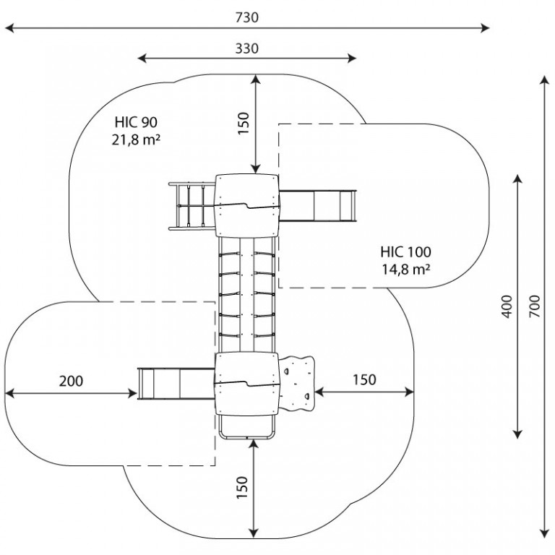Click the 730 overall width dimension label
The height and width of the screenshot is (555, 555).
click(247, 17)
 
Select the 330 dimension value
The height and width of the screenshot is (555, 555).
click(247, 48)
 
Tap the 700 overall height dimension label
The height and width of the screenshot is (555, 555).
click(535, 306)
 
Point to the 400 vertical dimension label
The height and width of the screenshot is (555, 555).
click(507, 306)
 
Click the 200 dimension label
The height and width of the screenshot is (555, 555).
click(71, 382)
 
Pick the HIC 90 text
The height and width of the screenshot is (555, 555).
click(136, 122)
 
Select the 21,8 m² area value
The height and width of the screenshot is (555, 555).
click(136, 139)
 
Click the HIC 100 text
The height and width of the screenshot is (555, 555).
click(405, 252)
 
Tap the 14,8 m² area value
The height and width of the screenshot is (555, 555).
click(405, 270)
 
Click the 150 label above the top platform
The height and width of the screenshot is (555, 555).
click(244, 123)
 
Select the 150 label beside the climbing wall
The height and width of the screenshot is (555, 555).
click(364, 380)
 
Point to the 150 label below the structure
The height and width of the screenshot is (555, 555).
click(242, 488)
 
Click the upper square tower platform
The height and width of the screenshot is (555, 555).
click(247, 206)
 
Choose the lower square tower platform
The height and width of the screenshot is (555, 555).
click(247, 383)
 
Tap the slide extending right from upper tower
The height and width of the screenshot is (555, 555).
click(317, 206)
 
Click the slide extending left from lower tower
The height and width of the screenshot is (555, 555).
click(176, 384)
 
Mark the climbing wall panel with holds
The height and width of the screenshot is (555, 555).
click(296, 383)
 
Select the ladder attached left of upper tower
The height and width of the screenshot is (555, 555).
click(192, 206)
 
